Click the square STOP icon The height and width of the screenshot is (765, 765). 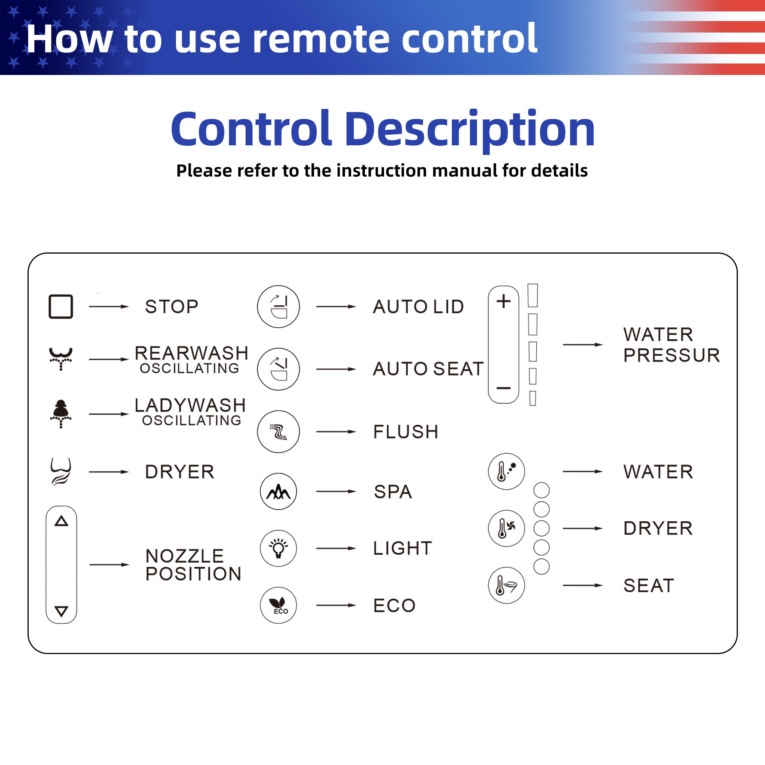pos(60,306)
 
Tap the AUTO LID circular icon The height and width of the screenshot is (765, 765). pos(278,306)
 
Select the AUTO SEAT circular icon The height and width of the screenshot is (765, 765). pos(278,369)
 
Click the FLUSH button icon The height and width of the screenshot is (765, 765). pos(278,431)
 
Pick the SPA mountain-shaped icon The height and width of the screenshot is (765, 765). pos(278,492)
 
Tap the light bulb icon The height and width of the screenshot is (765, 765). pos(278,549)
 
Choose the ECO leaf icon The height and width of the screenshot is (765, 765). pos(278,605)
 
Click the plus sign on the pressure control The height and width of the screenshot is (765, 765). pos(504,301)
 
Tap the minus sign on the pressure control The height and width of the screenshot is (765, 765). pos(504,388)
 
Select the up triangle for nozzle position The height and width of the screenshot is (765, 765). pos(61,521)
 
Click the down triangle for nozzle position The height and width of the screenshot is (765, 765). pos(61,611)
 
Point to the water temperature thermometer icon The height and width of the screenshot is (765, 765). pos(506,471)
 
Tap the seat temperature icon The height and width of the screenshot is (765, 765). pos(506,585)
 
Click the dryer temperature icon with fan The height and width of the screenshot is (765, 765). pos(506,528)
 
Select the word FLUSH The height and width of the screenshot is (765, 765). pos(406,431)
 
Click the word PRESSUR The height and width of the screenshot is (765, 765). pos(672,355)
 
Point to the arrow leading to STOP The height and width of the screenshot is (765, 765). pos(109,306)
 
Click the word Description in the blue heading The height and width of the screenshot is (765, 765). pos(470,130)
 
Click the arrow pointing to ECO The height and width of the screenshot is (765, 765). pos(336,605)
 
